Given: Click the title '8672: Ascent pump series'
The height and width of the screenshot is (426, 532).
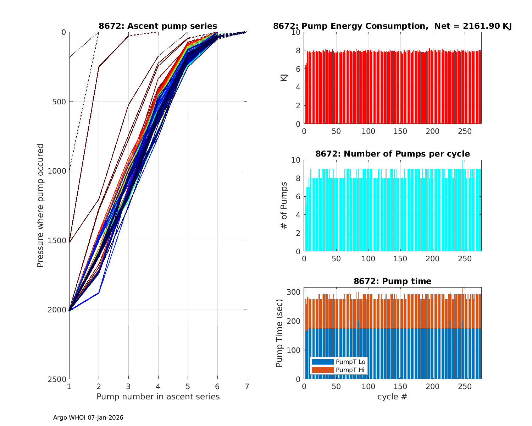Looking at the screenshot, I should [158, 26].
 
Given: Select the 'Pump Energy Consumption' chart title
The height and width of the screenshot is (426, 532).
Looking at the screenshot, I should [392, 26].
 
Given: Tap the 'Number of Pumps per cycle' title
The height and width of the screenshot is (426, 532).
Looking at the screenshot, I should [392, 154].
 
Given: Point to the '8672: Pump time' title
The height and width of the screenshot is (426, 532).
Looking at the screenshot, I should [392, 281].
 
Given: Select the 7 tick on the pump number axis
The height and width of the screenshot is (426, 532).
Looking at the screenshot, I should [247, 386].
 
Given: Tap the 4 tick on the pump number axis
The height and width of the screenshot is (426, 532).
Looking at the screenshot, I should [158, 386].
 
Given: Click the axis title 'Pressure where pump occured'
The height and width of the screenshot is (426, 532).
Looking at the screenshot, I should [40, 206].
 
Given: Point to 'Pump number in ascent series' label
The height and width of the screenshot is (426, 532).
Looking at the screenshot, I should [158, 397].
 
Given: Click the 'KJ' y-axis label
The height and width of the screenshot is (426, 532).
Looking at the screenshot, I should [284, 78].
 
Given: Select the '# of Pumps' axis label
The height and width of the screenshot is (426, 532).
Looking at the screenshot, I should [284, 206].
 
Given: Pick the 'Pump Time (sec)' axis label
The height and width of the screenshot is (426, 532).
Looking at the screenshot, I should [279, 333].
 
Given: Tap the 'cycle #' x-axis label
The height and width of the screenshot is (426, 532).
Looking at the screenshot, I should [392, 397].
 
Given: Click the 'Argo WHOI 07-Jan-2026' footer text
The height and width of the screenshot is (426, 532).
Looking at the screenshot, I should [88, 417].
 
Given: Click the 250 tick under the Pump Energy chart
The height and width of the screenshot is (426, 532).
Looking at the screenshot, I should [465, 131].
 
